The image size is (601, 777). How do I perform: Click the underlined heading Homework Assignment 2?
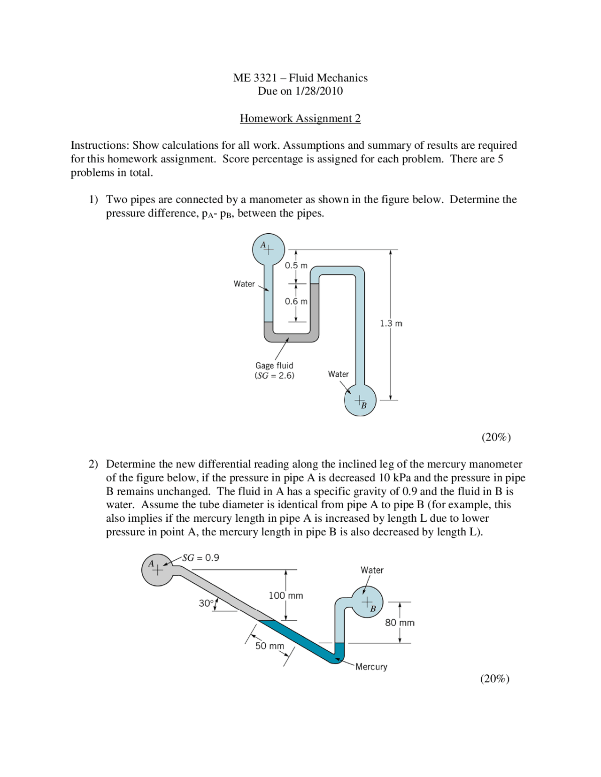[x=300, y=118]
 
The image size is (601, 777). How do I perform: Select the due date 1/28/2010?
[x=319, y=91]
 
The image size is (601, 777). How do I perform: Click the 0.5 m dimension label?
[x=296, y=266]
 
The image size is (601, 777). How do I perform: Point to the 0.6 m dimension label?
[x=296, y=302]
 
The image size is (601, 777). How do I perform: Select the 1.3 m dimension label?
[x=391, y=324]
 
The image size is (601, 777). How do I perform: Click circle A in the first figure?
[x=268, y=250]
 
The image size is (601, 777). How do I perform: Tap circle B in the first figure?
[x=360, y=400]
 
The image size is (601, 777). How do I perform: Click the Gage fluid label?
[x=274, y=366]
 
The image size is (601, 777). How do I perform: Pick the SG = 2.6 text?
[x=275, y=376]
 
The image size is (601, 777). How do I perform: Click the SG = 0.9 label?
[x=200, y=558]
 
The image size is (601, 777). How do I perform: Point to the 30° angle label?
[x=206, y=603]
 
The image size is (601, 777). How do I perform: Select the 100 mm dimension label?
[x=285, y=596]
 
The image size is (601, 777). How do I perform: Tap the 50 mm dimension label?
[x=270, y=646]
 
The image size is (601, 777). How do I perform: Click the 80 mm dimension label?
[x=400, y=623]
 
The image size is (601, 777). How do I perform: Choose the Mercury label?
[x=371, y=667]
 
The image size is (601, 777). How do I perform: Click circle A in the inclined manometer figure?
[x=158, y=570]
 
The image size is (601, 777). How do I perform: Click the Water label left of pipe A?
[x=244, y=284]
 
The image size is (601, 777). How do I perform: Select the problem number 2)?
[x=93, y=465]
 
